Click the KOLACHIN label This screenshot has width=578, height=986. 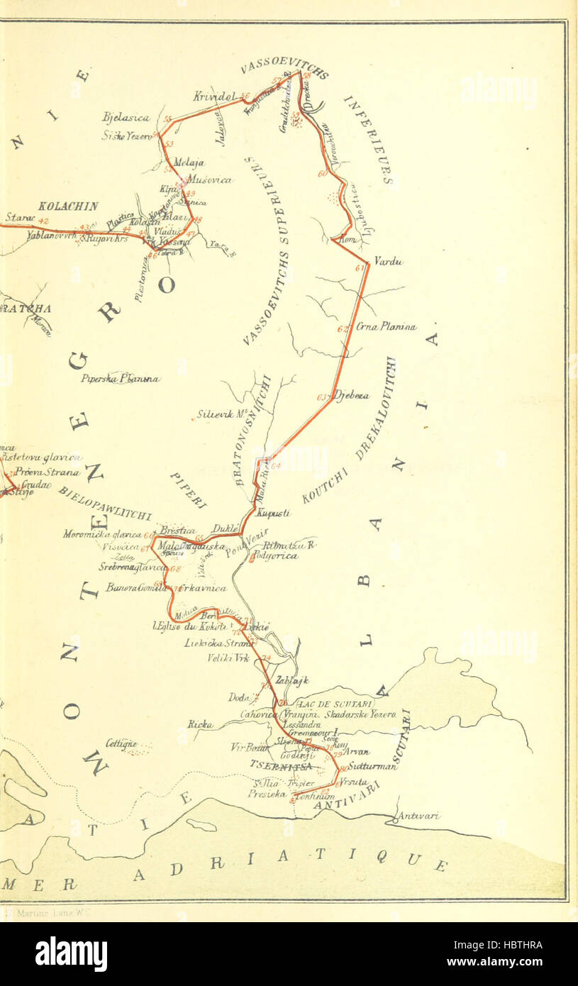tap(68, 206)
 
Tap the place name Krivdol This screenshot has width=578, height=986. tap(214, 96)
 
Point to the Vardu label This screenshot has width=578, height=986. tap(388, 262)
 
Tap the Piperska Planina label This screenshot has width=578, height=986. tap(120, 379)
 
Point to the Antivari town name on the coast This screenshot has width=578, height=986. tap(418, 816)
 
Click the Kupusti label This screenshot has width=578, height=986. tap(272, 513)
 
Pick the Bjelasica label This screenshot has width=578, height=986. tap(123, 118)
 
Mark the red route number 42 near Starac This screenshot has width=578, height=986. tap(43, 221)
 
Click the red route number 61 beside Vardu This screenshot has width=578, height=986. tap(360, 267)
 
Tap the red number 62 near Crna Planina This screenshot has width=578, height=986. tap(343, 328)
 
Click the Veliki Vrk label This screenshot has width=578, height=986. tap(226, 658)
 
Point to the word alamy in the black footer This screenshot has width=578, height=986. tap(72, 954)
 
